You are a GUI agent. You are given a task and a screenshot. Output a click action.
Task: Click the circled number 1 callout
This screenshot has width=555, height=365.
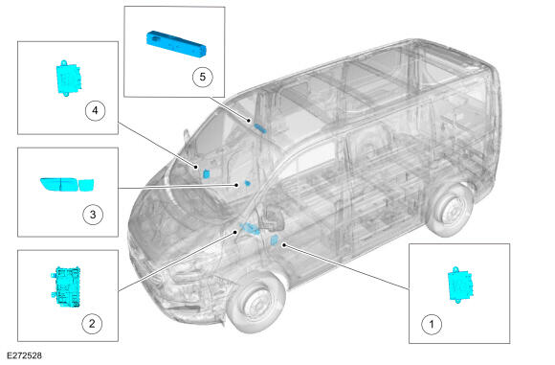tap(432, 324)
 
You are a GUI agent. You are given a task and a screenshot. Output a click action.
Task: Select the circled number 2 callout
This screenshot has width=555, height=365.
tap(92, 323)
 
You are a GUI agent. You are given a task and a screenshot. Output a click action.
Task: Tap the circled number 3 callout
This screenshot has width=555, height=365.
tap(93, 215)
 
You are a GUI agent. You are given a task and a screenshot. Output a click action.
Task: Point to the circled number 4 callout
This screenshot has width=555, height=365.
tap(96, 110)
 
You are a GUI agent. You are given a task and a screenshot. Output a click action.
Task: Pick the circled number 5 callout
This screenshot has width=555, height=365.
tap(203, 77)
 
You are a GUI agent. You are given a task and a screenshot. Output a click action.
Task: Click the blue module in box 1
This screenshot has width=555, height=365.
tap(460, 285)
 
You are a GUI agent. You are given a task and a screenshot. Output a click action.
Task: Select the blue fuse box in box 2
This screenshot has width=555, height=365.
tap(66, 286)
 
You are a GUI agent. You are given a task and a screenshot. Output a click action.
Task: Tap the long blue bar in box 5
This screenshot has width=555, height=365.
tap(176, 44)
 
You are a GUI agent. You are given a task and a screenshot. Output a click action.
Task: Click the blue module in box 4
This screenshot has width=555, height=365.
tap(68, 78)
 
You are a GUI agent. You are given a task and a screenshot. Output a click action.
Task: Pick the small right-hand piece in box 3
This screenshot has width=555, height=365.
tap(86, 185)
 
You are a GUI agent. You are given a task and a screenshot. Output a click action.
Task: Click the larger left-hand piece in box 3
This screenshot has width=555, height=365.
tap(58, 184)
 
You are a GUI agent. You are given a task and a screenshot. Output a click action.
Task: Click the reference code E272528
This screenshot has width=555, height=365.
tap(24, 355)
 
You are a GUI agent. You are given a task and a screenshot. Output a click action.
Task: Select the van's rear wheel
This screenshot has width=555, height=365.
tap(451, 209)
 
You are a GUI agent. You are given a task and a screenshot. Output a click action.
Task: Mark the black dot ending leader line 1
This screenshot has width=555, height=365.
tap(284, 245)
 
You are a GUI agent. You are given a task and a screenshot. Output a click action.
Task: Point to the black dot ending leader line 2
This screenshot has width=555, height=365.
tap(235, 232)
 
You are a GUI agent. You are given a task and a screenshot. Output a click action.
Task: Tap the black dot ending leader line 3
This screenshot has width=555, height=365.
tap(236, 185)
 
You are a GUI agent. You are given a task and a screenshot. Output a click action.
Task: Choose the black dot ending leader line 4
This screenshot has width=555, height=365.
tap(196, 167)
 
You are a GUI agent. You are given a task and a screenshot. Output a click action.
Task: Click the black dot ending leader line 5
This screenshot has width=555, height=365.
tap(249, 121)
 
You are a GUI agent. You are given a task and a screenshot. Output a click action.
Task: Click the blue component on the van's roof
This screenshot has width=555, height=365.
tap(260, 128)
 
